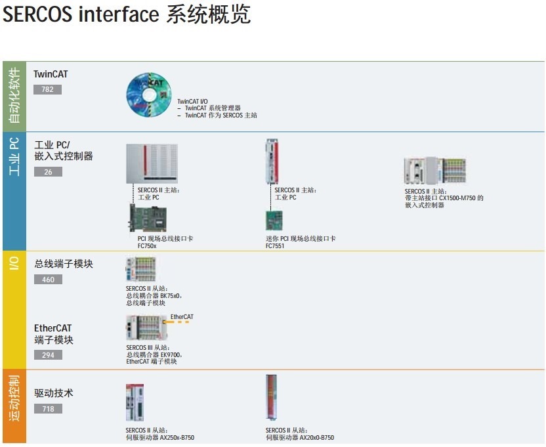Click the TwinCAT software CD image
tap(148, 96)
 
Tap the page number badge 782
tap(47, 89)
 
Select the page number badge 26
tap(48, 172)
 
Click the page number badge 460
tap(48, 280)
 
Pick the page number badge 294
tap(48, 355)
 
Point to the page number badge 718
tap(48, 409)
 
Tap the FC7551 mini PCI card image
tap(274, 221)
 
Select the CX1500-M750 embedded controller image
tap(435, 171)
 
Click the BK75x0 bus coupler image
tap(140, 269)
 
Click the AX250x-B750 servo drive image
tap(138, 402)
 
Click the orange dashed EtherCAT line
tap(180, 322)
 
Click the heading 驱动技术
tap(54, 393)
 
